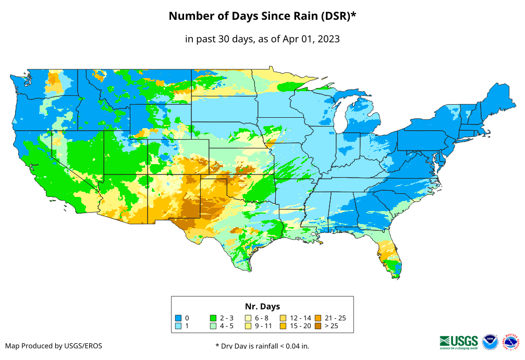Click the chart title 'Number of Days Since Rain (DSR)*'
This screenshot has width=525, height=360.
click(x=262, y=16)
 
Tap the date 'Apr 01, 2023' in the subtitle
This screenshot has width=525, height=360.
click(x=311, y=39)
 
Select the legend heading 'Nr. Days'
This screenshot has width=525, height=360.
click(x=262, y=306)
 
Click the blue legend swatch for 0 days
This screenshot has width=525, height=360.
click(x=178, y=318)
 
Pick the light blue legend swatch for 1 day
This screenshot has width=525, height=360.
click(x=178, y=326)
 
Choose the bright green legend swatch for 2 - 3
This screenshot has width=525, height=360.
click(x=213, y=318)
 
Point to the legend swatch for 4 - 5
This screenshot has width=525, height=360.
click(x=213, y=326)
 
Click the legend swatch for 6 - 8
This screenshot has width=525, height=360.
click(x=248, y=318)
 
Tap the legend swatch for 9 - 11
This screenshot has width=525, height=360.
click(x=248, y=326)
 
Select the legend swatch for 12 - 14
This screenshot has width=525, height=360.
click(x=283, y=318)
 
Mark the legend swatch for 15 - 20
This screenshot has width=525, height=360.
click(x=283, y=326)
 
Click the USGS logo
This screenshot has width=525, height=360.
click(x=459, y=341)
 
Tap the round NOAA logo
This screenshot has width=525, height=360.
click(x=490, y=342)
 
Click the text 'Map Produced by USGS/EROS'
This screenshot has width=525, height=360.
click(x=54, y=346)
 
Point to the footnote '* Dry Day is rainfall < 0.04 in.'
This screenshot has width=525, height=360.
click(x=262, y=346)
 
